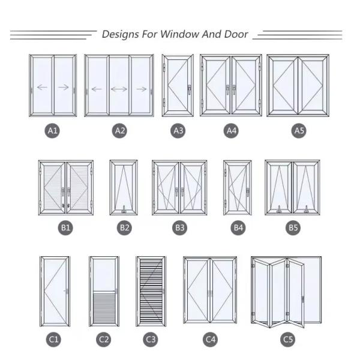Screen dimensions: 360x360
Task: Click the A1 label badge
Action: pyautogui.click(x=53, y=130)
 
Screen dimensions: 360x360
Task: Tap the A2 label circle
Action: pyautogui.click(x=119, y=130)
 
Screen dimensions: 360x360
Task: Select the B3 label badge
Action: pyautogui.click(x=179, y=228)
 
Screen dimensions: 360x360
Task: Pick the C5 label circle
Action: pyautogui.click(x=288, y=340)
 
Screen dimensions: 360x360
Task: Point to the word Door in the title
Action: pyautogui.click(x=234, y=34)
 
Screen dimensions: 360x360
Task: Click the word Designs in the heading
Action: pyautogui.click(x=121, y=34)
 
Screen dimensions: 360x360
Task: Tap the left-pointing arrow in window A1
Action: pyautogui.click(x=41, y=88)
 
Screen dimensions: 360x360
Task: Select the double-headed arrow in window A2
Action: pyautogui.click(x=119, y=89)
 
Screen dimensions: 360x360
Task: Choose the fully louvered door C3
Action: pyautogui.click(x=151, y=292)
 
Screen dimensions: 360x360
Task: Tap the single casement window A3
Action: pyautogui.click(x=178, y=85)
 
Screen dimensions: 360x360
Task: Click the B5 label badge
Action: pyautogui.click(x=292, y=228)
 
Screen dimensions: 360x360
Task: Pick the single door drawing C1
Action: pyautogui.click(x=55, y=292)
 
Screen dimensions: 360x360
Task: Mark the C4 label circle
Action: pyautogui.click(x=210, y=340)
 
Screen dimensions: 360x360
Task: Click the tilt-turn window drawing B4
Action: pyautogui.click(x=237, y=187)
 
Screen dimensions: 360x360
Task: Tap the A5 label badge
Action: pyautogui.click(x=298, y=130)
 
